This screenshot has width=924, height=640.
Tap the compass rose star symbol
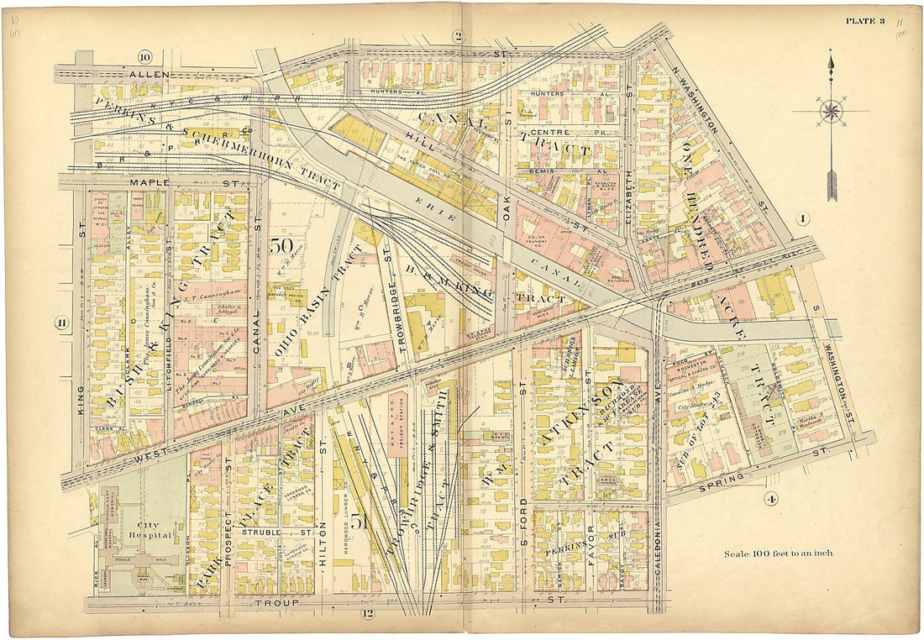(x=832, y=110)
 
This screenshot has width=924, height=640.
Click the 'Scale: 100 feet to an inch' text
(x=778, y=553)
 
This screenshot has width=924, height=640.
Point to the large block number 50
(x=280, y=247)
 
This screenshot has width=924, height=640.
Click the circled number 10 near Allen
(x=144, y=57)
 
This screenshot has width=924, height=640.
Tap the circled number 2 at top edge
(x=458, y=35)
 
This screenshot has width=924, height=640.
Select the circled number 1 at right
(x=803, y=220)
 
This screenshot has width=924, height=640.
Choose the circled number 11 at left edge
(x=61, y=323)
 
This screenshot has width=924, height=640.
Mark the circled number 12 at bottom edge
(x=367, y=612)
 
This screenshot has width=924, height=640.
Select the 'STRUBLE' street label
(x=257, y=532)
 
